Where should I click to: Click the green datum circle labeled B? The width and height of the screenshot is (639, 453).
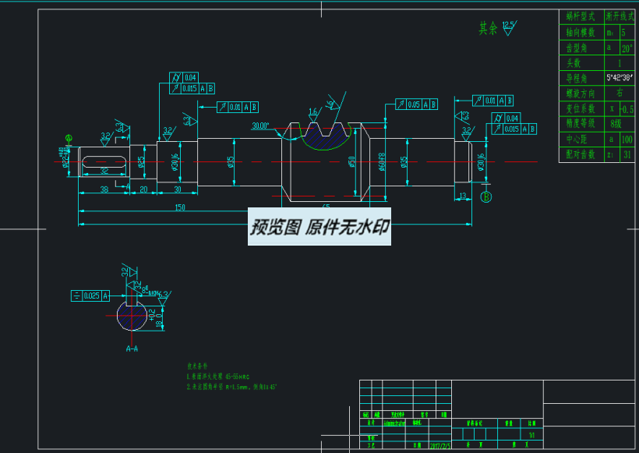(x=486, y=196)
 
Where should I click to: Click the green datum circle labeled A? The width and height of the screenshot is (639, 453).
(x=69, y=138)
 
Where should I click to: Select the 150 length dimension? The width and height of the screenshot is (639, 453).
(x=181, y=208)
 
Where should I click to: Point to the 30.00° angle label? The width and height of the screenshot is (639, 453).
(x=260, y=126)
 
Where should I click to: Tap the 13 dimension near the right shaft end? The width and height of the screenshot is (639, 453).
(x=462, y=195)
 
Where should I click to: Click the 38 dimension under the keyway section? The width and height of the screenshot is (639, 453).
(x=104, y=189)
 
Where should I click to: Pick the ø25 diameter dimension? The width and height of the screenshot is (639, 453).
(x=141, y=161)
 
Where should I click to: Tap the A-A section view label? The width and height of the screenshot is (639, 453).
(x=132, y=349)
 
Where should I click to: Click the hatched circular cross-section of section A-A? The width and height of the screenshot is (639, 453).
(x=132, y=316)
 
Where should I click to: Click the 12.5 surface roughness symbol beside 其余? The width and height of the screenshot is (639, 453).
(x=508, y=27)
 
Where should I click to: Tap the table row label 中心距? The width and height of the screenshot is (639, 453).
(x=581, y=139)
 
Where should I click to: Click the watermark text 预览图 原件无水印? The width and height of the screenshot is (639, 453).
(x=319, y=228)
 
